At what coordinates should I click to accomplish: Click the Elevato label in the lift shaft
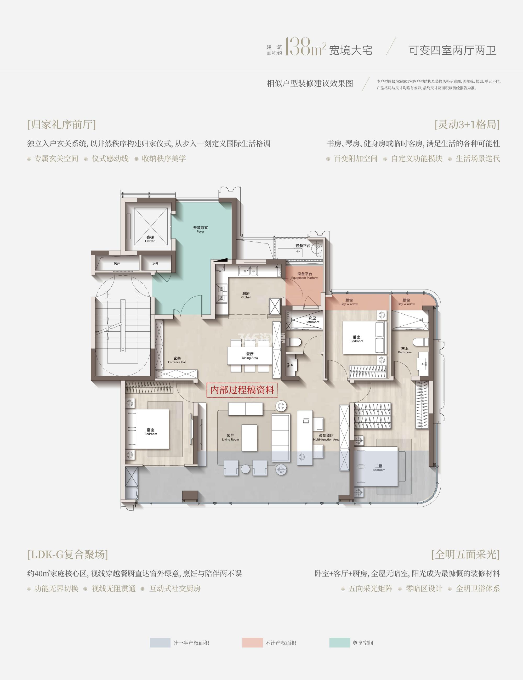150,239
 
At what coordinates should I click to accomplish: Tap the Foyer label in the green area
201,229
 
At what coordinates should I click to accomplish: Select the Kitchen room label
246,295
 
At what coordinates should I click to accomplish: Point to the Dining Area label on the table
250,356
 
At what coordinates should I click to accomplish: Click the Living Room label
230,438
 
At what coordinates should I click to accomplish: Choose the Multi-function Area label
326,438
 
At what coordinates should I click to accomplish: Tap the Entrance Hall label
177,360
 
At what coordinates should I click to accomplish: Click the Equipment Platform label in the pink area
305,276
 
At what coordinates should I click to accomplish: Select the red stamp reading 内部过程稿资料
242,390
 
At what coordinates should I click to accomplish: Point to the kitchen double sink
248,271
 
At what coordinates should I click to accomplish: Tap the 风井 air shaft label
117,263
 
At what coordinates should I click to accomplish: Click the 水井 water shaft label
155,263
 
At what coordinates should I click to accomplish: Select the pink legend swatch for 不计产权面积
252,643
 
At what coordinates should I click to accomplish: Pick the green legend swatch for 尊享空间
340,643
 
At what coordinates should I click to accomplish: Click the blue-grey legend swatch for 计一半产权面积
160,643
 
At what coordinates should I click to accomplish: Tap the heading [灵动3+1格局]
467,124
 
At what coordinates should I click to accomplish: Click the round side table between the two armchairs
246,469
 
